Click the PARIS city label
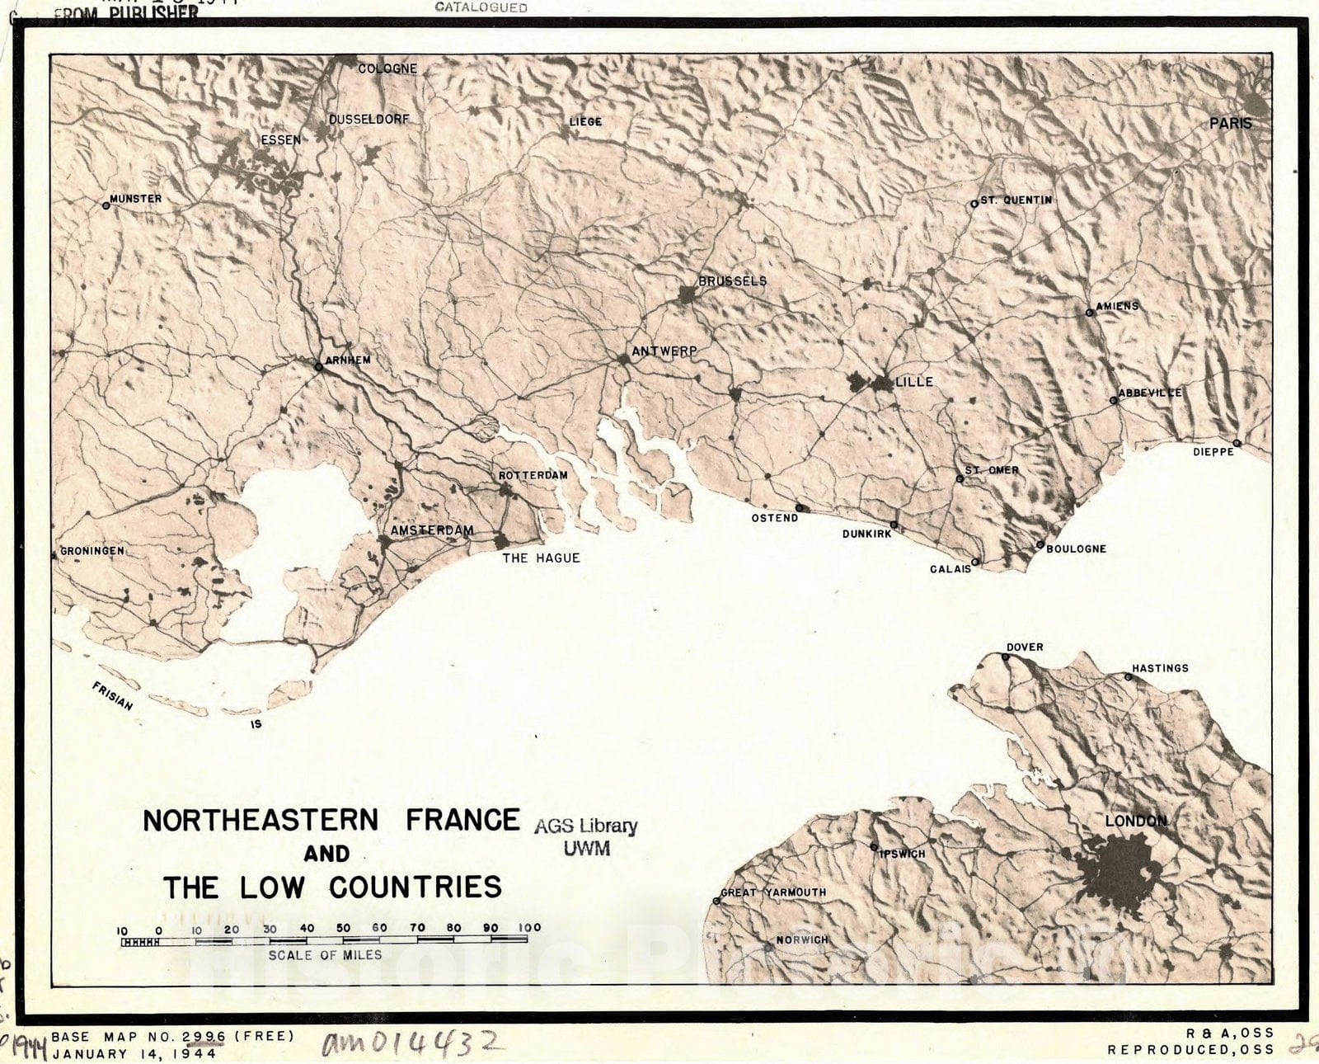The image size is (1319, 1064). pos(1230,124)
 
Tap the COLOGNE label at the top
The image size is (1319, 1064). pos(387,68)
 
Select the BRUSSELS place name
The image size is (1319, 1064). pos(732,281)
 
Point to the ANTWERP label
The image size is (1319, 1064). pos(664,351)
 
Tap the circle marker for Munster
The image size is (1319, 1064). pos(106,206)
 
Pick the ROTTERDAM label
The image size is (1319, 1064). pos(533,476)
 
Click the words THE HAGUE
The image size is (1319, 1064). pos(541,558)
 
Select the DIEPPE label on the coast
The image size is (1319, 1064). pos(1213,452)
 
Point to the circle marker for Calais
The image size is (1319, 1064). pos(975,563)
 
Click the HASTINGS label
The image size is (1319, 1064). pos(1160,668)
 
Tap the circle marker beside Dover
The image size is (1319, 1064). pos(1006,657)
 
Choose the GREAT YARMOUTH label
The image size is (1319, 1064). pos(773,892)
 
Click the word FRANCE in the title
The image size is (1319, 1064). pos(463,820)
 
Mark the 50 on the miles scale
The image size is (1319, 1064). pos(343,928)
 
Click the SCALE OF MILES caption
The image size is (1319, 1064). pos(325,955)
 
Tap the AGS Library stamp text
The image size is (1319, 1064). pos(585,826)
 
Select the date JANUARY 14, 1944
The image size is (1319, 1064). pos(134,1053)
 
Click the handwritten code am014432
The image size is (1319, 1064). pos(410,1044)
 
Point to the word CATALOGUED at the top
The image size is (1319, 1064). pos(481,7)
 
